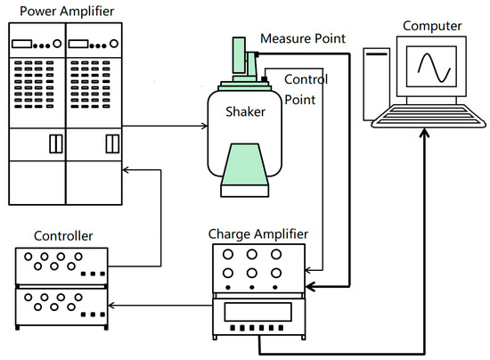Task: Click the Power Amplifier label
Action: tap(67, 12)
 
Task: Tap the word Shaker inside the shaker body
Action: tap(245, 111)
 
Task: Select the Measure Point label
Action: tap(303, 38)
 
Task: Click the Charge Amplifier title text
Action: tap(258, 234)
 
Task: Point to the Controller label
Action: tap(63, 236)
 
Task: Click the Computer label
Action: tap(432, 26)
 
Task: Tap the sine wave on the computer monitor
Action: tap(434, 68)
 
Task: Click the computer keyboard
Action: tap(429, 116)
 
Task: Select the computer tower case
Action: tap(376, 84)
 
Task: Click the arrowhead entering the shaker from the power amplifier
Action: tap(205, 126)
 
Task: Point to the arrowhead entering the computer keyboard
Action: tap(424, 133)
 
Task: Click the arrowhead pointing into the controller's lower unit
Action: tap(111, 306)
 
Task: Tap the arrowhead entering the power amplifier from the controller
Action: tap(126, 170)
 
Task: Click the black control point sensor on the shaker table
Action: tap(265, 79)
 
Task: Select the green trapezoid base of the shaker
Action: tap(245, 164)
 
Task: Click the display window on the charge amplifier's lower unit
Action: tap(257, 312)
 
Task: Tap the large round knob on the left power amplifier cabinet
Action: tap(57, 44)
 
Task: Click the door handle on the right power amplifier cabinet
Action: tap(112, 143)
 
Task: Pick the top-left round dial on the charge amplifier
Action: tap(228, 254)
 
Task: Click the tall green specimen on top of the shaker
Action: tap(239, 56)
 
